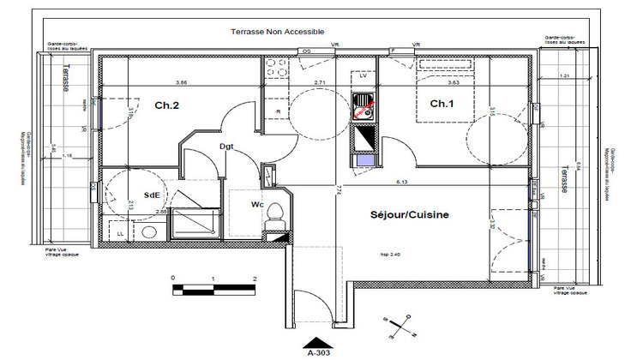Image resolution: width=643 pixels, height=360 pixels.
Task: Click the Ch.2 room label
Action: [166, 106]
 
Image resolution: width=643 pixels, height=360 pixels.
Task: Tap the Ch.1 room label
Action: [441, 105]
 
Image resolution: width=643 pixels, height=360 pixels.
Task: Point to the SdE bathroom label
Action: [152, 195]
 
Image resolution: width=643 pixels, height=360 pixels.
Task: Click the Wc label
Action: [256, 205]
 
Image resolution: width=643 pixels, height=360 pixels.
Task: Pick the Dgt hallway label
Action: [226, 147]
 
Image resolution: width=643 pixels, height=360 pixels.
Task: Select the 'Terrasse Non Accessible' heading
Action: [278, 31]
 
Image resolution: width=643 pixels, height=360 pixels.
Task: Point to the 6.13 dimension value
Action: [401, 182]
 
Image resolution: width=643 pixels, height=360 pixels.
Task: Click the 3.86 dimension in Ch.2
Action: [182, 82]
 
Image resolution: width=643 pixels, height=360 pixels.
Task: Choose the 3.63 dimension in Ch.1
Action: [454, 83]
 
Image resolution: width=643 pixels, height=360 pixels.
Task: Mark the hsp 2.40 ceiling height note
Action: [391, 254]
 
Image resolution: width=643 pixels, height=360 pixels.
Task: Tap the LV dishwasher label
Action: [363, 76]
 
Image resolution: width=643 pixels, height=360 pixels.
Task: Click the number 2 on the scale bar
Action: [255, 279]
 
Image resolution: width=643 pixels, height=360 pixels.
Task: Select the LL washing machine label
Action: [119, 232]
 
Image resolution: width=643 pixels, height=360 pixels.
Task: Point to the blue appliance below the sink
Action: [363, 159]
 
